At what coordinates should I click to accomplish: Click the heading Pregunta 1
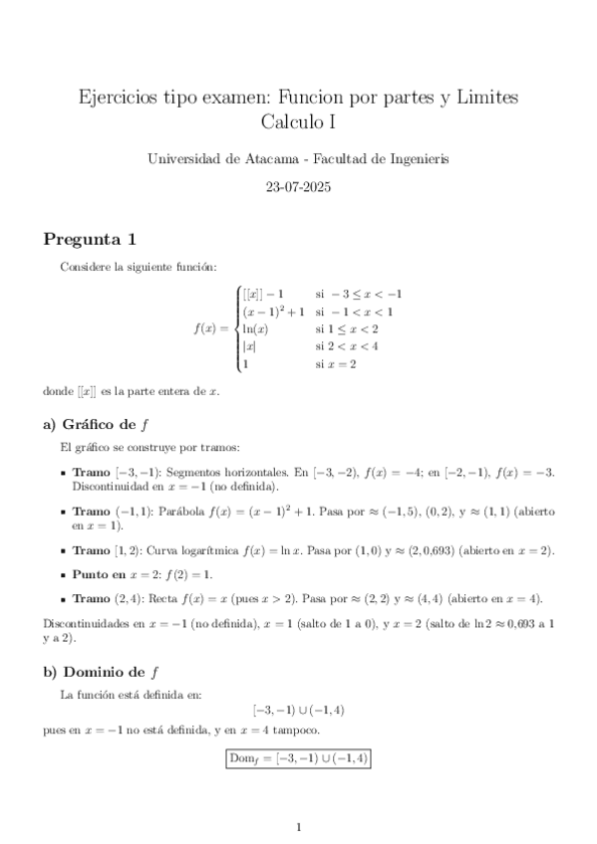(x=89, y=240)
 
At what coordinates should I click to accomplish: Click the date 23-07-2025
(x=298, y=186)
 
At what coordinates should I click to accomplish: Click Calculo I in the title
(x=298, y=121)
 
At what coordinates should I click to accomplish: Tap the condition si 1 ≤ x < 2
(x=347, y=328)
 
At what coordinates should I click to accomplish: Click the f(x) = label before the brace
(x=213, y=328)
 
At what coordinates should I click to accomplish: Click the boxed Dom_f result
(x=298, y=758)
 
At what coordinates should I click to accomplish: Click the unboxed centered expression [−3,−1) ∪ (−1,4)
(x=298, y=710)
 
